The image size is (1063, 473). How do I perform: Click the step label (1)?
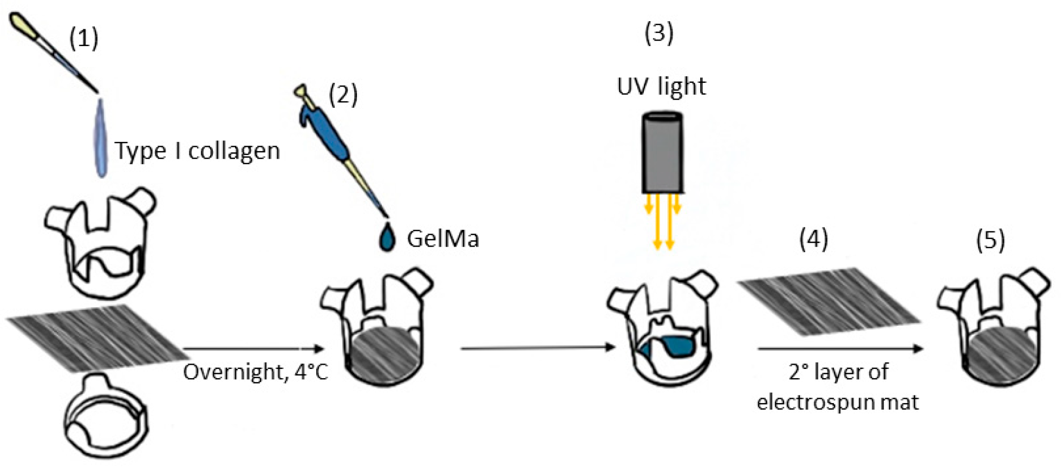pos(84,39)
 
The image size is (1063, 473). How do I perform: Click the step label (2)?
pos(343,95)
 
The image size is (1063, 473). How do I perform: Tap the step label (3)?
pos(659,34)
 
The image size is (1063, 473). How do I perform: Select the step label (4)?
pos(813,239)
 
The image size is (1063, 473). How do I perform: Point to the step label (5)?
pos(990,239)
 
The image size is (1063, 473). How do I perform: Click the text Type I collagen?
pos(197,151)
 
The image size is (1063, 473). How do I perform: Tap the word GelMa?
pos(443,239)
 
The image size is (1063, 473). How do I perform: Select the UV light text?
pos(661,86)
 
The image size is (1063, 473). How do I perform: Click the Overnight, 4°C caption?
pos(256,372)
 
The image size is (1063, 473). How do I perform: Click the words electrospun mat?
pos(838,402)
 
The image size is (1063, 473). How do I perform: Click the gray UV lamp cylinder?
pos(662,153)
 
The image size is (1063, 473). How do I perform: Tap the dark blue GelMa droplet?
pos(387,238)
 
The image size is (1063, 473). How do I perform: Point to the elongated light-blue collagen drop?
pos(101,139)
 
